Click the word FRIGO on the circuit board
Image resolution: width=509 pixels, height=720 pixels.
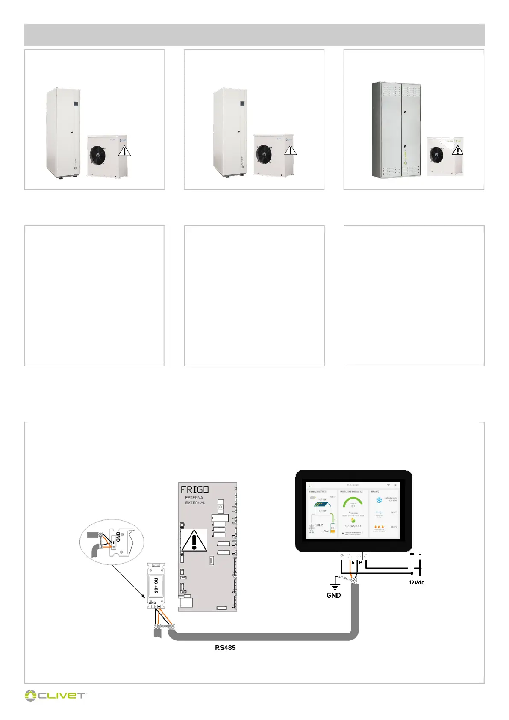click(194, 490)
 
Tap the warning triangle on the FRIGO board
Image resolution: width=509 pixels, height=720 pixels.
click(194, 541)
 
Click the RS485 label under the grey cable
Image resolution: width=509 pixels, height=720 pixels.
click(225, 647)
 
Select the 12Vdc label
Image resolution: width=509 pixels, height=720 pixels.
click(416, 582)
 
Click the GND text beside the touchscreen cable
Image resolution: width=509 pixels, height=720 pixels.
click(333, 595)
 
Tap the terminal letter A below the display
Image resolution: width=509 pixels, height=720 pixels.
click(353, 563)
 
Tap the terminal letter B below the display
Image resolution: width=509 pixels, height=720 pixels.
click(361, 563)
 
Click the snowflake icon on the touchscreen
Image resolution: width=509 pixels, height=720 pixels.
click(379, 500)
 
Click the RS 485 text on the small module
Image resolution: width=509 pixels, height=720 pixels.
click(156, 586)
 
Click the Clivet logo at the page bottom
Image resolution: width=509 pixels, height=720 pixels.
click(55, 696)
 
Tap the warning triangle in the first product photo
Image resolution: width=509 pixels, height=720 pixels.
click(124, 150)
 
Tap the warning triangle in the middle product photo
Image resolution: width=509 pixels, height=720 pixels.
click(290, 150)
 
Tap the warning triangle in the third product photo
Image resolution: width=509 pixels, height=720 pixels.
click(457, 150)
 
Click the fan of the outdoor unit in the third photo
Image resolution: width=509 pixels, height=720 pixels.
click(436, 155)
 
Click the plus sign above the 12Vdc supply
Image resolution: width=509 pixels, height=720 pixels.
click(412, 554)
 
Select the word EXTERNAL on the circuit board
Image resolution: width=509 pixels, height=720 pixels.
click(195, 503)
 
